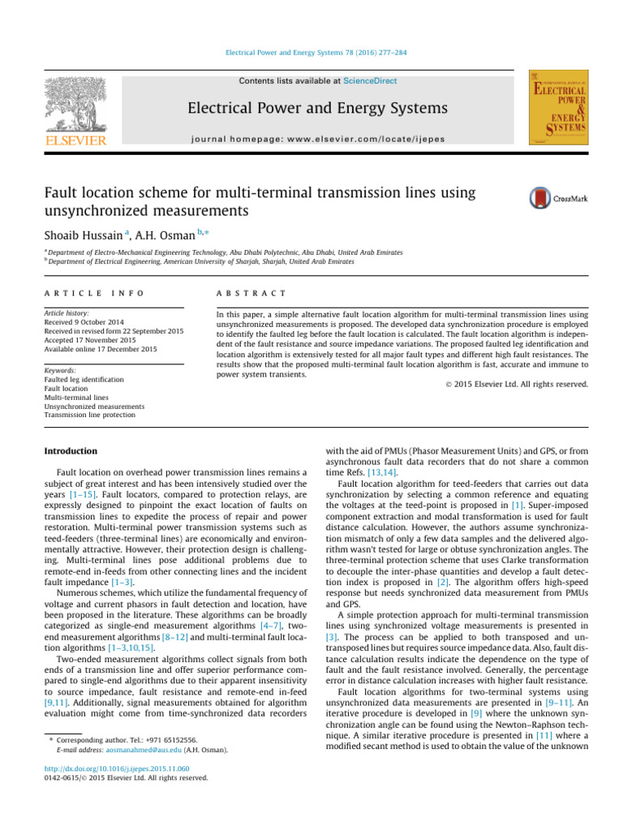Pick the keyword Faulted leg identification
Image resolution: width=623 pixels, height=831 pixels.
(84, 379)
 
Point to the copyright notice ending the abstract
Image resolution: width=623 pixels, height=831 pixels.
(520, 384)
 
